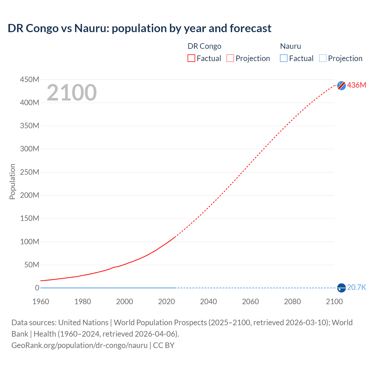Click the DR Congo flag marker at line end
341,85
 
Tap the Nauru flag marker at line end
341,288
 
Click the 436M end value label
356,85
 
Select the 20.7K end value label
356,288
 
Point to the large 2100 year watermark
72,93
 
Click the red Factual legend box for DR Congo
191,58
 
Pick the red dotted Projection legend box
230,58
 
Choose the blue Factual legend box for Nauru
284,58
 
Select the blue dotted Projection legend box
323,58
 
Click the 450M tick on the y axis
30,79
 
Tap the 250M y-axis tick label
30,172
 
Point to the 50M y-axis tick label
32,265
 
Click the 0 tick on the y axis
37,288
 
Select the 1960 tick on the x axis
41,302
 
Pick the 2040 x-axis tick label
208,302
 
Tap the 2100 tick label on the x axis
334,302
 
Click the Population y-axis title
12,181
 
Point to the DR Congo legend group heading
204,46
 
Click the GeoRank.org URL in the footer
79,345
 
